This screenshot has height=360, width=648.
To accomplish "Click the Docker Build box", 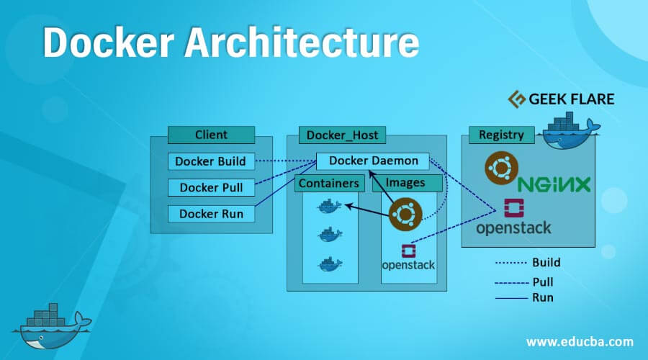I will [x=210, y=161].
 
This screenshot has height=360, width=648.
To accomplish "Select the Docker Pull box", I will [x=210, y=188].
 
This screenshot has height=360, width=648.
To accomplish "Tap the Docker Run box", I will [x=210, y=214].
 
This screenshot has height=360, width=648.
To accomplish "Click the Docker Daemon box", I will [x=373, y=161].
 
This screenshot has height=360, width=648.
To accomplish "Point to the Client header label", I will [x=211, y=135].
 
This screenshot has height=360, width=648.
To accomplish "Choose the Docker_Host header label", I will [x=342, y=135].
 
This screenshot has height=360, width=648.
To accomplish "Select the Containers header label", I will [x=328, y=183].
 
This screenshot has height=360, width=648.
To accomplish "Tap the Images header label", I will [x=405, y=183].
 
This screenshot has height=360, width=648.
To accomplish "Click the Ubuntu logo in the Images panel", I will [x=405, y=215].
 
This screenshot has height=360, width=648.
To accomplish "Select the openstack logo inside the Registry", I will [x=514, y=217].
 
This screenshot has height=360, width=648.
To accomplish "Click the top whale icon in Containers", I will [x=330, y=207].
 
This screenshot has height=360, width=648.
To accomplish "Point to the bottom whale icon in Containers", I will [x=330, y=263].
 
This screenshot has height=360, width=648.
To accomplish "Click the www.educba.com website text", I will [x=580, y=341].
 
